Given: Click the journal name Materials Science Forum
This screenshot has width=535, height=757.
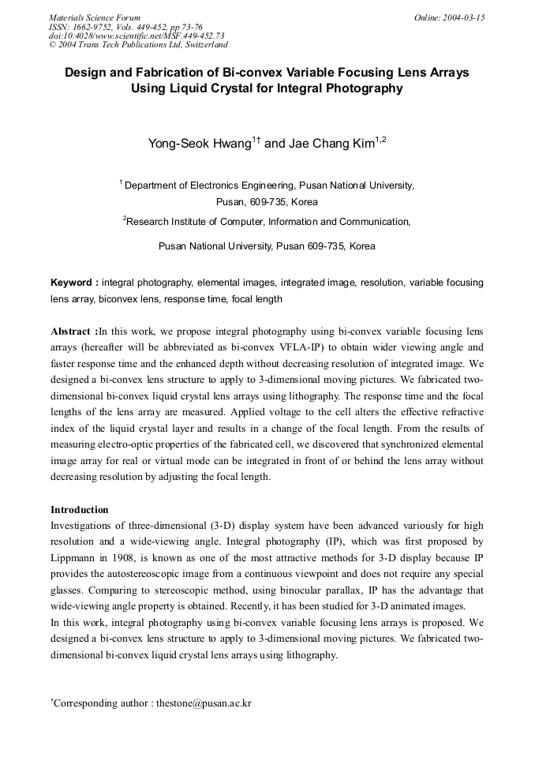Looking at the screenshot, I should click(95, 17).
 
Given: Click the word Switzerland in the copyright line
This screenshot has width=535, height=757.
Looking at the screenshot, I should click(200, 45).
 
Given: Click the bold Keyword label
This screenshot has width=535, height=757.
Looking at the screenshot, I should click(73, 282).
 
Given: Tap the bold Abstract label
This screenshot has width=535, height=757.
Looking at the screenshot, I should click(74, 331).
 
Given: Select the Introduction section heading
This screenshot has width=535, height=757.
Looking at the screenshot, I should click(79, 510).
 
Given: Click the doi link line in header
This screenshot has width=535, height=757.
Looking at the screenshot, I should click(137, 36).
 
